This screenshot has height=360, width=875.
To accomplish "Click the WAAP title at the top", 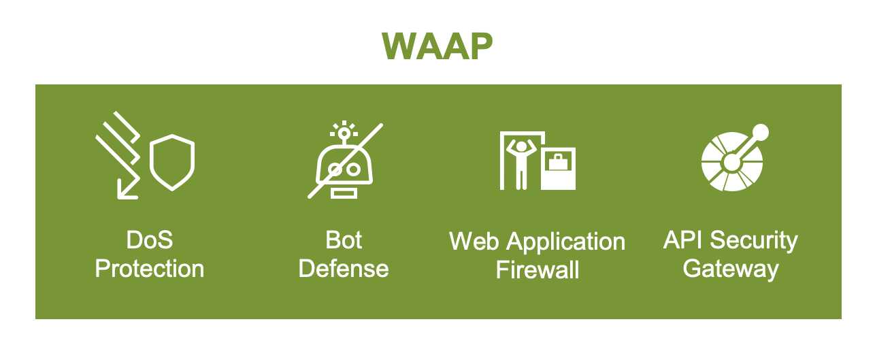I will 437,46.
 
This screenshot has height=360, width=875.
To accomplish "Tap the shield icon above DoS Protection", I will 172,163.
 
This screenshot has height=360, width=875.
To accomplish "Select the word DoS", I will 150,240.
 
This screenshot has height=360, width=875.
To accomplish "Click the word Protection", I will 150,269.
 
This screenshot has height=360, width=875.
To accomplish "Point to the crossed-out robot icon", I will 344,163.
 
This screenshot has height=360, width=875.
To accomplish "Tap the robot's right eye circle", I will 354,169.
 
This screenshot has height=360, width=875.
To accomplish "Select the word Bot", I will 344,240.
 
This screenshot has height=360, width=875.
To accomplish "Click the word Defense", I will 344,269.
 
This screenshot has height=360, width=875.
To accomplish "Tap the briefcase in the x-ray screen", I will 558,163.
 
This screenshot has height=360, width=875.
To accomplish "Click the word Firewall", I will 538,270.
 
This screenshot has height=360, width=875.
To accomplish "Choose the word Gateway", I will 731,269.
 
